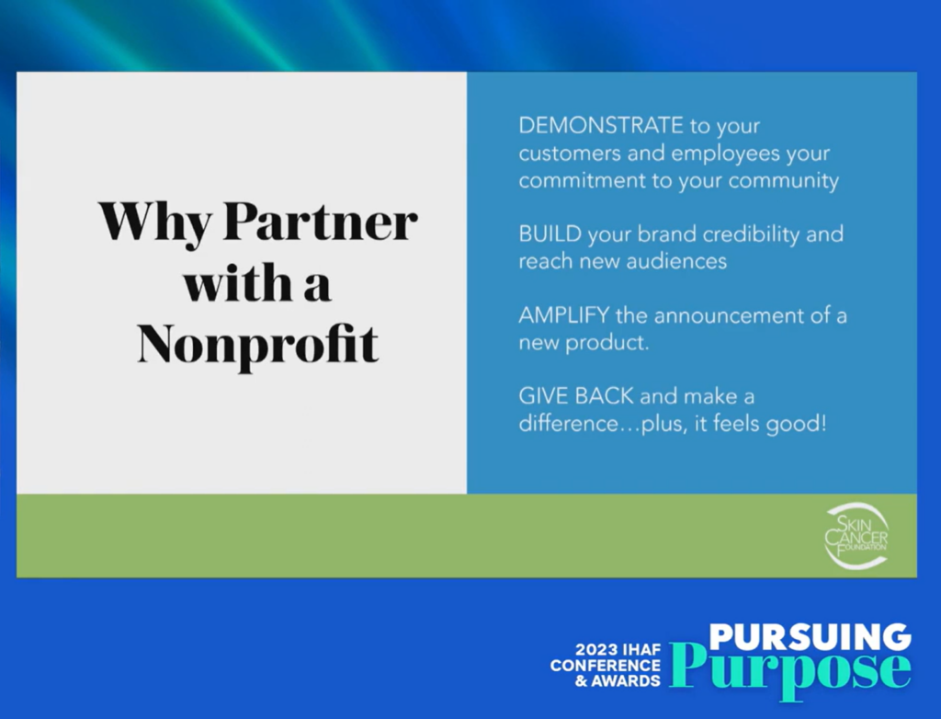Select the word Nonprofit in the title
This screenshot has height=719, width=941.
click(x=258, y=344)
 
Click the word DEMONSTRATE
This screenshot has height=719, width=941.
click(x=601, y=126)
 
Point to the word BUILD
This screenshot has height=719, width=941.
click(x=550, y=234)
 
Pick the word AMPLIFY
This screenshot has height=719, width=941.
click(x=564, y=314)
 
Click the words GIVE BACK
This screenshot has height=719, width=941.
click(x=576, y=396)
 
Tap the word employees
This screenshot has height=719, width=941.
click(x=725, y=154)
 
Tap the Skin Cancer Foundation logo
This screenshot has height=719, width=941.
click(x=856, y=536)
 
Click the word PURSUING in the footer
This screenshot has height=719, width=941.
click(x=810, y=637)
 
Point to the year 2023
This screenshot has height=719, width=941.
click(x=597, y=649)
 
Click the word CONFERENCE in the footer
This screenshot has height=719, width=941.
click(x=605, y=666)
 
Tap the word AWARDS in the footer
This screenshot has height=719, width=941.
click(x=625, y=681)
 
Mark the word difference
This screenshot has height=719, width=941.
click(x=568, y=424)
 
